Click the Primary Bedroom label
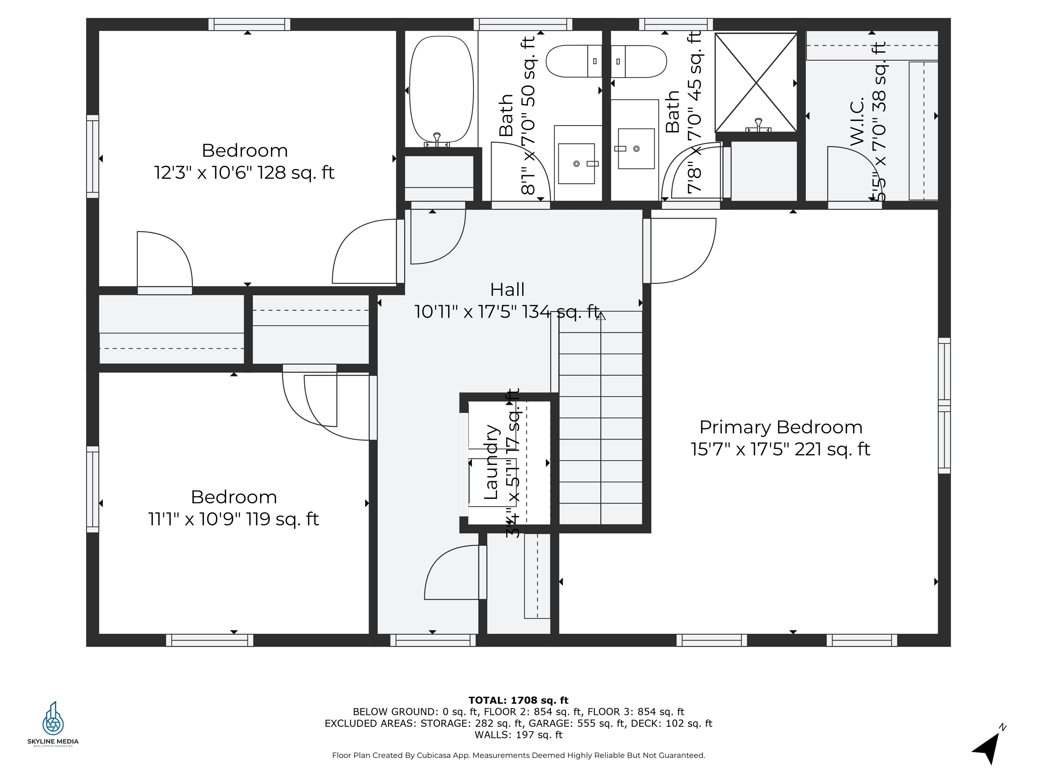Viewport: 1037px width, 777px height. tap(780, 427)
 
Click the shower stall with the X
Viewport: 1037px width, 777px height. tap(756, 83)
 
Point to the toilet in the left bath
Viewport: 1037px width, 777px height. tap(573, 61)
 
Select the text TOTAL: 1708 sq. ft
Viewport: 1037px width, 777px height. tap(518, 700)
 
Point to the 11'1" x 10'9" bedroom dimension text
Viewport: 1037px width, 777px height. tap(234, 519)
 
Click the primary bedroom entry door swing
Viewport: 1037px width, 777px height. tap(682, 251)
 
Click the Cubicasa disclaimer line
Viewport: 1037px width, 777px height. tap(518, 755)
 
